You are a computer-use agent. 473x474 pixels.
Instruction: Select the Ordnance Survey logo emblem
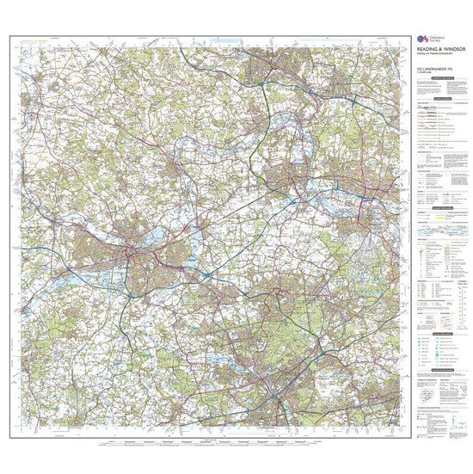point(420,40)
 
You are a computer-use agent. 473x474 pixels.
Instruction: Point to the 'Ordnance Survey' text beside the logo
point(433,40)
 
